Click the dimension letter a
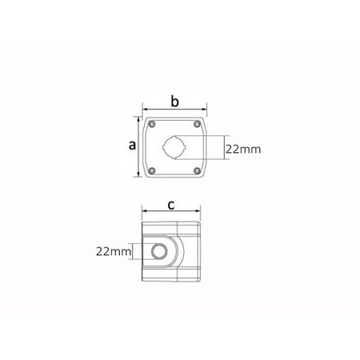coord(132,146)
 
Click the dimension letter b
coord(174,102)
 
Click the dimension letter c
coord(171,205)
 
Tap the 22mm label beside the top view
coord(243,149)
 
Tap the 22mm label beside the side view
coord(114,251)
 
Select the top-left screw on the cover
coord(152,124)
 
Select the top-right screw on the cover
coord(197,124)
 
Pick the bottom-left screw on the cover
coord(152,170)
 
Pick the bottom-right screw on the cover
coord(197,170)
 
